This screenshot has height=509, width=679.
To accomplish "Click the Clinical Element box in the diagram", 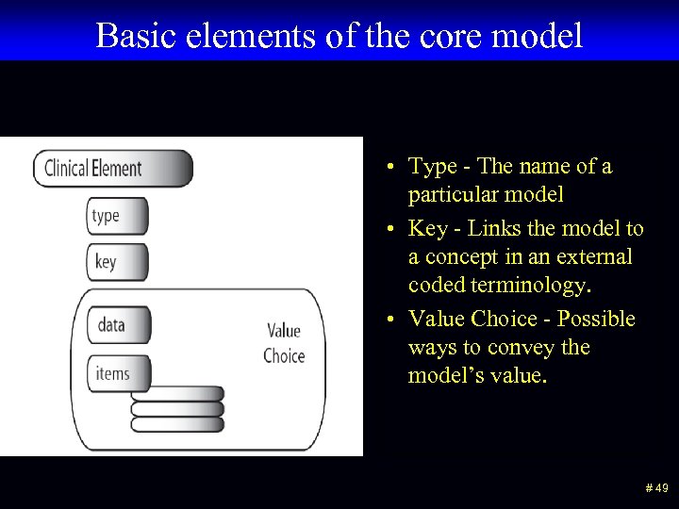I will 112,169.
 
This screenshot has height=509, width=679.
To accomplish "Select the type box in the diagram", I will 117,216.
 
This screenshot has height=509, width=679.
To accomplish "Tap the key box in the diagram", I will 117,262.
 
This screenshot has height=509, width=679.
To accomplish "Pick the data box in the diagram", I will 118,325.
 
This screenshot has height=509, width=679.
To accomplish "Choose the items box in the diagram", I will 118,374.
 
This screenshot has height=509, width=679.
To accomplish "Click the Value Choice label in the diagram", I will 284,343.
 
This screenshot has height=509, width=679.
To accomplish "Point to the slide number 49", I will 656,487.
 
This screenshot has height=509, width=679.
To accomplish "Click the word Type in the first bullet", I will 433,167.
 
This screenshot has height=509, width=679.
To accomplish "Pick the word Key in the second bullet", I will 426,229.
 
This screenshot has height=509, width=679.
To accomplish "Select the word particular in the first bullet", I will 452,195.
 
